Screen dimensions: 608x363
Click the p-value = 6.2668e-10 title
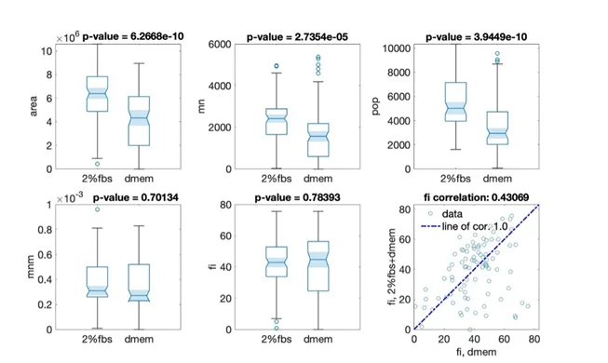coord(133,36)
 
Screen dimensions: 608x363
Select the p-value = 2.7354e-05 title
coord(297,37)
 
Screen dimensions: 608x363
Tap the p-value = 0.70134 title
coord(136,197)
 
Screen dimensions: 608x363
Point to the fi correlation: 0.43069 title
coord(476,197)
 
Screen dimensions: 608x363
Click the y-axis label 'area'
coord(34,106)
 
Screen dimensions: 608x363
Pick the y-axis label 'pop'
coord(375,107)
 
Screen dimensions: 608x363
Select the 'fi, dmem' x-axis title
coord(476,352)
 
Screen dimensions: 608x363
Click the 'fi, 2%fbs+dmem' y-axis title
coord(392,267)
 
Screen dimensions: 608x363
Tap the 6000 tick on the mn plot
coord(220,45)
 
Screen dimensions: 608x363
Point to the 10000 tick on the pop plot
coord(397,48)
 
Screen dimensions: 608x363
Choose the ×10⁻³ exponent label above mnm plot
coord(70,197)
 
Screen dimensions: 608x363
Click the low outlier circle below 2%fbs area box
coord(98,164)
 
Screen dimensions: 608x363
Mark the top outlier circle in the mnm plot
coord(98,209)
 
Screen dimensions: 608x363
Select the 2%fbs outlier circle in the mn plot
coord(277,66)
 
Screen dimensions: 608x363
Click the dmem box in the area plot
coord(139,121)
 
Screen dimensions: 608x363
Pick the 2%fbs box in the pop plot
coord(455,101)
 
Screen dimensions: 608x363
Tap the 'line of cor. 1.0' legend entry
coord(464,226)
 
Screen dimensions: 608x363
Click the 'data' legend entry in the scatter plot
coord(446,214)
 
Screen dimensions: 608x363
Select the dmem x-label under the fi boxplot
coord(318,339)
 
